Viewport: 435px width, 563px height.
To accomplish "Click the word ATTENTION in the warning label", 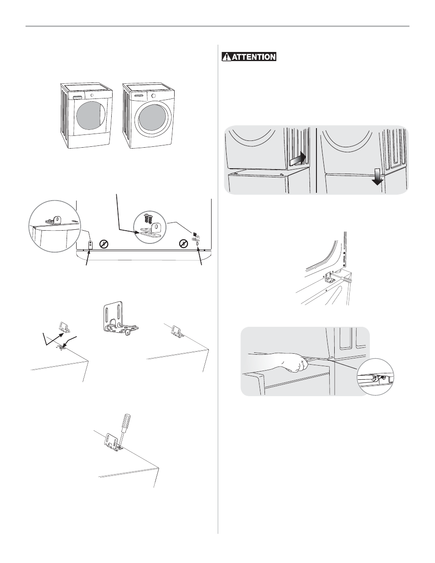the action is tap(253, 57).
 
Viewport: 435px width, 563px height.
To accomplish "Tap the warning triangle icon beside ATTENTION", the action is tap(227, 57).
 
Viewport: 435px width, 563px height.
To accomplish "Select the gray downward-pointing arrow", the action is tap(378, 177).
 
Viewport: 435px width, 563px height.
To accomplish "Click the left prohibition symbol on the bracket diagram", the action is tap(104, 244).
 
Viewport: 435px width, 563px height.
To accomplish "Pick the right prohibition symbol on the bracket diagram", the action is tap(183, 243).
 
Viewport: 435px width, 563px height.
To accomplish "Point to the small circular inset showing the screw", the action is tap(375, 377).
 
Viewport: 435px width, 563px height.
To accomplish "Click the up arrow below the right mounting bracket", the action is tap(200, 257).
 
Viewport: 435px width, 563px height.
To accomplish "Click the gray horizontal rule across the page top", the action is tap(217, 26).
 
